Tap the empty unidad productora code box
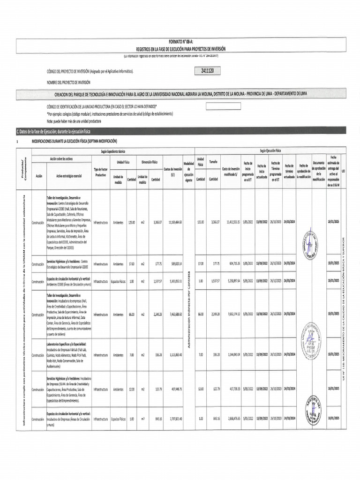pos(223,106)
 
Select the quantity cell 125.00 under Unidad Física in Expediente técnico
pos(132,222)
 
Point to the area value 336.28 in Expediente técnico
pos(156,355)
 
